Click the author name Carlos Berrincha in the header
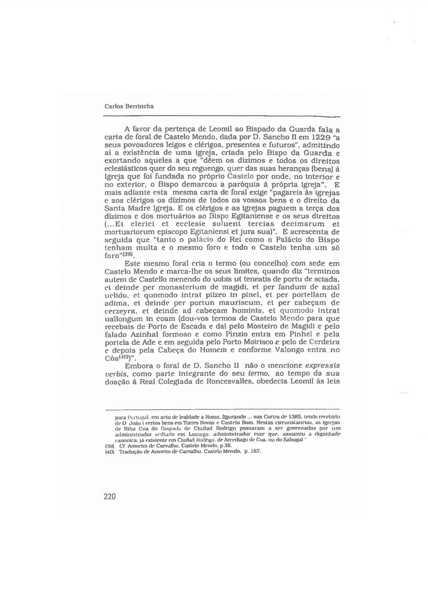[129, 106]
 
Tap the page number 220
[109, 496]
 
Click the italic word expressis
[321, 366]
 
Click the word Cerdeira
[321, 342]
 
